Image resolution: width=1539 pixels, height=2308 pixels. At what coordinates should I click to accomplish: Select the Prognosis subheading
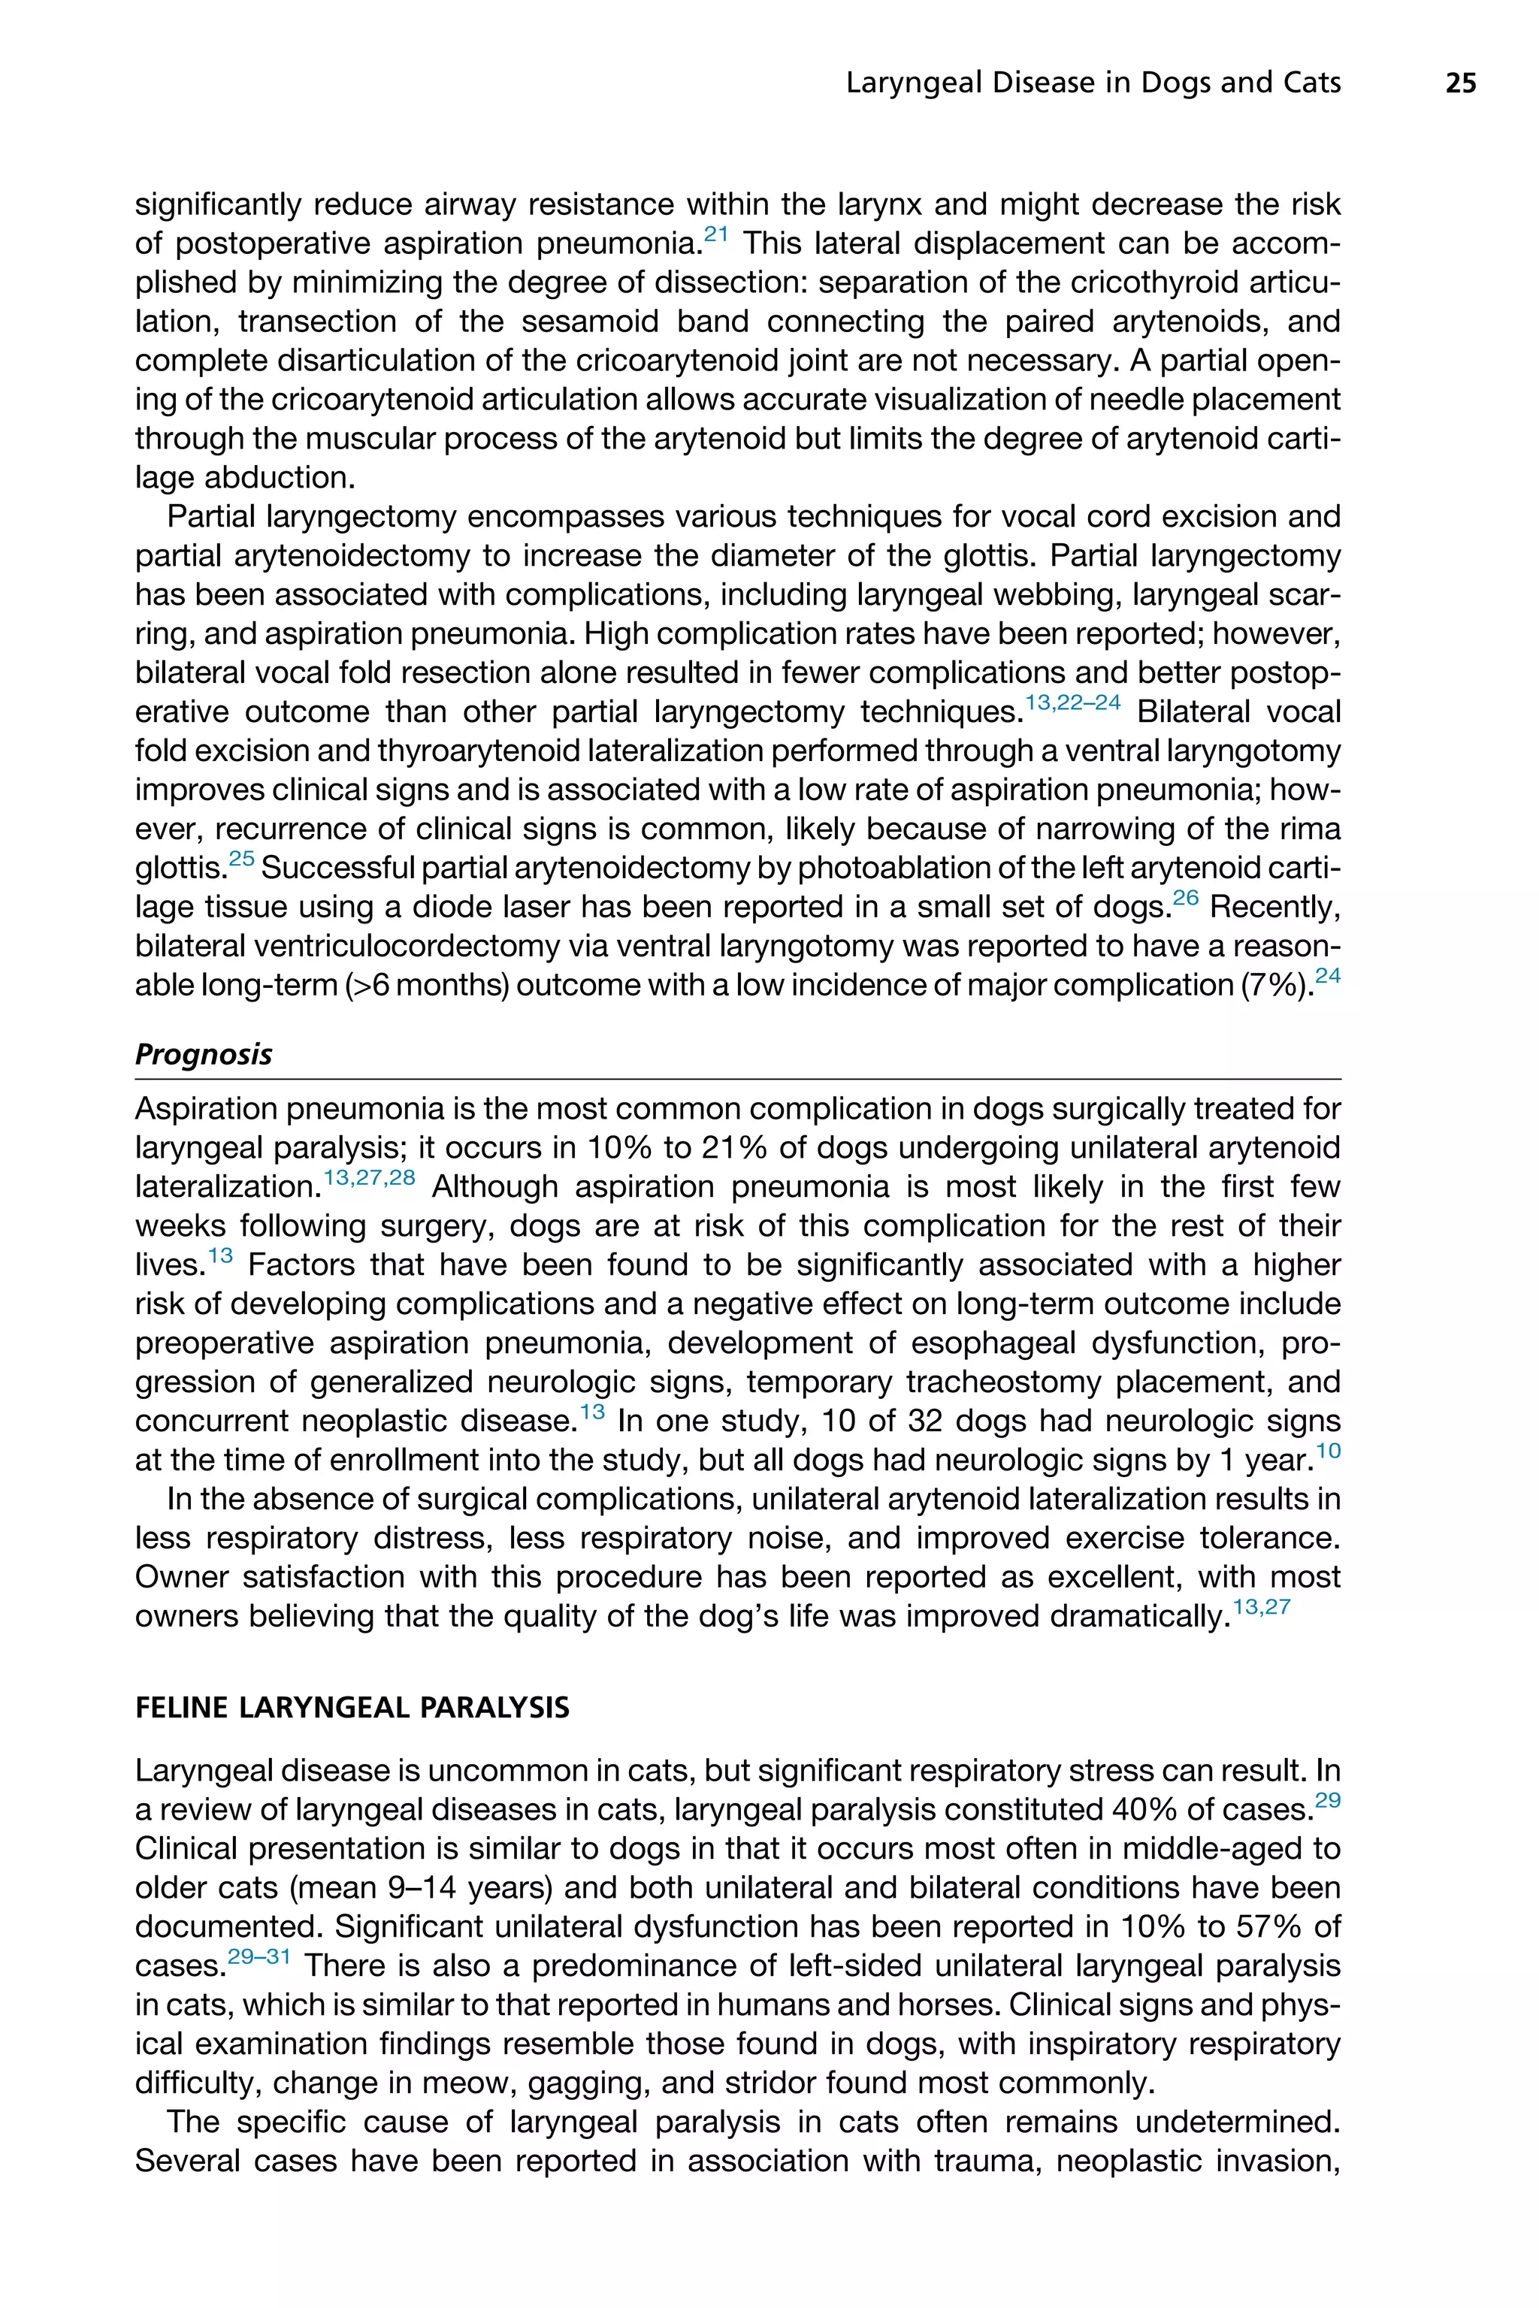(203, 1055)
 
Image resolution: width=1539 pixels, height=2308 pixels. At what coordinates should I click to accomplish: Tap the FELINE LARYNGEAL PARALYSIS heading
(352, 1708)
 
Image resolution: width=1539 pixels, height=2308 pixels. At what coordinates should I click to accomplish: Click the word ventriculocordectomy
(403, 946)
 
